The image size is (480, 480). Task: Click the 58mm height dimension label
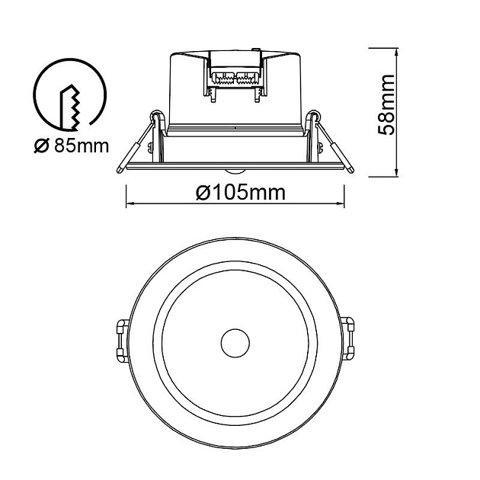(386, 104)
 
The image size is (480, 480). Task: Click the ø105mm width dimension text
(241, 193)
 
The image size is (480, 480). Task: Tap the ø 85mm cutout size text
(72, 146)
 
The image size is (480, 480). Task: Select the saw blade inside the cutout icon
(70, 107)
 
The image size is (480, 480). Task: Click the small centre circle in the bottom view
(235, 343)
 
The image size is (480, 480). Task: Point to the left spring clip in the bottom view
(123, 341)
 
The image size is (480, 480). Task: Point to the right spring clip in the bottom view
(347, 338)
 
